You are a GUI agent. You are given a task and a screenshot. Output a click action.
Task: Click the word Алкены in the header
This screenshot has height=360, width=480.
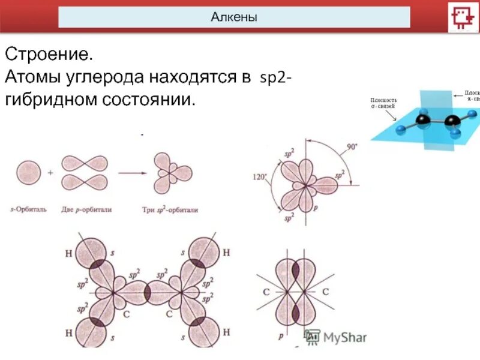coord(234,17)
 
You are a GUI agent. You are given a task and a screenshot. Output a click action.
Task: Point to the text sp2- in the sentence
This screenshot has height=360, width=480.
coord(276,79)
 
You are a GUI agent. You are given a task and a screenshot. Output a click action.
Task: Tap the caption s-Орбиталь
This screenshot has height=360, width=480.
coord(29,210)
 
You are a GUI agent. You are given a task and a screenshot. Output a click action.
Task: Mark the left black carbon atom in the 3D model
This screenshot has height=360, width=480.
coord(423,121)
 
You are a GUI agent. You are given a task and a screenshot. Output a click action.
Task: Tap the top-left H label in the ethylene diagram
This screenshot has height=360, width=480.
coord(68,253)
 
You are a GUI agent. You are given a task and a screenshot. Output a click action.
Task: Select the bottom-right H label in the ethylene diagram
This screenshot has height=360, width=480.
coord(226,332)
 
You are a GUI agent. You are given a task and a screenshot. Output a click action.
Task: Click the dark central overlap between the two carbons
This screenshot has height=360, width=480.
coord(147,293)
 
